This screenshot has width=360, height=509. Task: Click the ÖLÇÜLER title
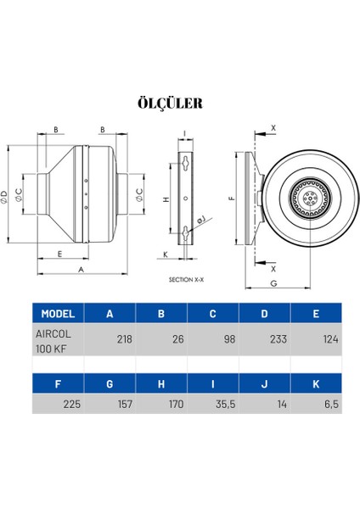(171, 103)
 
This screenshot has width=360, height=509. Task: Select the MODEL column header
(58, 314)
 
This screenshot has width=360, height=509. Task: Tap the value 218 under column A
(125, 339)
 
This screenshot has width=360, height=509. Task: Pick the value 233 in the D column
(278, 339)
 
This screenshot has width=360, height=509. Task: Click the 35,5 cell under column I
(226, 404)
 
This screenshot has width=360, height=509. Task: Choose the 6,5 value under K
(331, 404)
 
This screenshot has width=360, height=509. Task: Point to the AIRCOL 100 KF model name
(53, 341)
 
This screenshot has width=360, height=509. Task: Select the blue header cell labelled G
(110, 384)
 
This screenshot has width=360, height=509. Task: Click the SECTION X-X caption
(186, 279)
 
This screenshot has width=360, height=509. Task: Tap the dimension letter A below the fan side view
(82, 270)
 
